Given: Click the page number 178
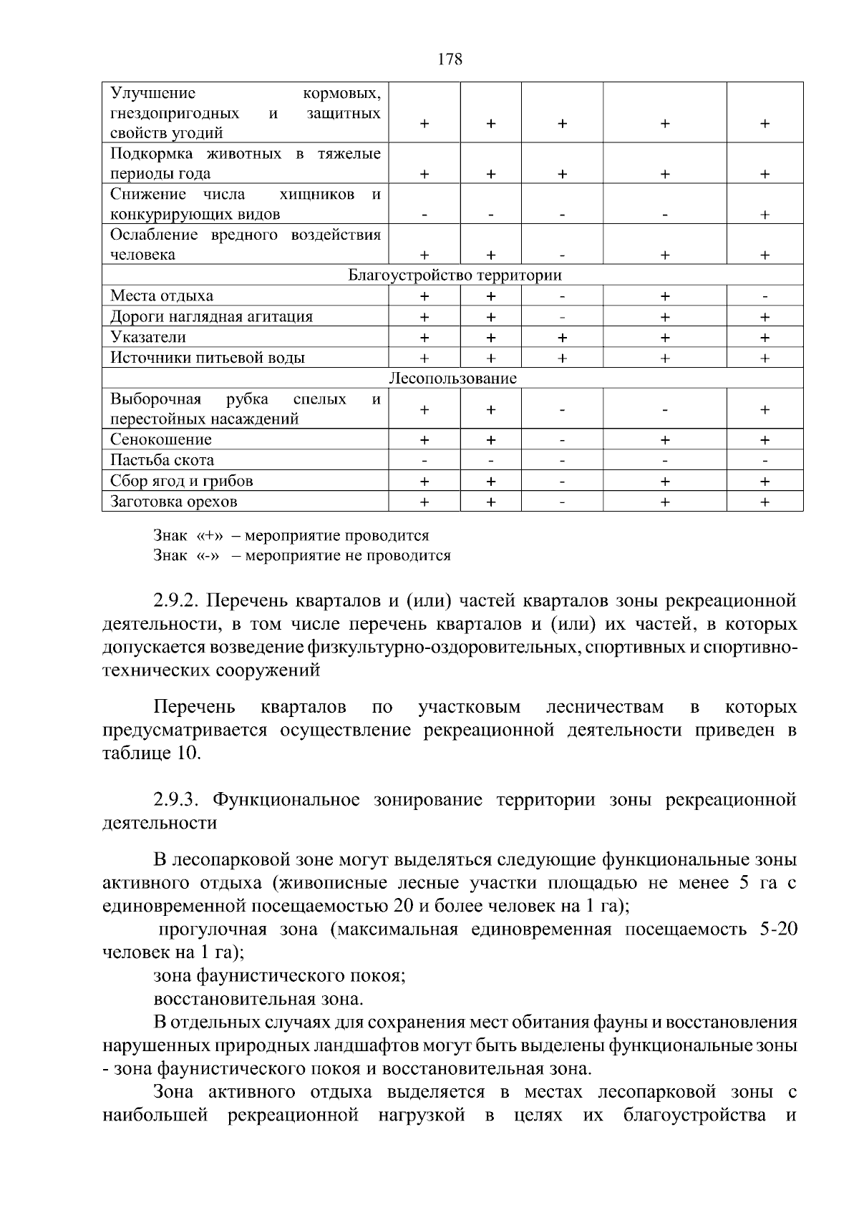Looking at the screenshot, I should (x=450, y=59).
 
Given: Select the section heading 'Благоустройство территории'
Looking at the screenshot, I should (x=455, y=275).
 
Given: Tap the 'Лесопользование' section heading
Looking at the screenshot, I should (x=452, y=378).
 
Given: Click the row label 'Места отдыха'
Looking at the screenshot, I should (x=162, y=296).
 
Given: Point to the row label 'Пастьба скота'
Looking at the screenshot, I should (x=162, y=460).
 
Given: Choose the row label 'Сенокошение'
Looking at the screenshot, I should (x=161, y=439).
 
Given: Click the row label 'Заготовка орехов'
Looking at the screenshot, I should (x=174, y=502).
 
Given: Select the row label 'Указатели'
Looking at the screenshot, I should (x=148, y=337).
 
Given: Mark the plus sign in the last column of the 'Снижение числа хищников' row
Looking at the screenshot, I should (x=765, y=215).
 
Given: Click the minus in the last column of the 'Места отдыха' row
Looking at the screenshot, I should (x=765, y=296).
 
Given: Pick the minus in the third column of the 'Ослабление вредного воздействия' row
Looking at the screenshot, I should (x=562, y=255).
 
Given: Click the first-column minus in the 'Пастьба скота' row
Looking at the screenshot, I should (x=424, y=460).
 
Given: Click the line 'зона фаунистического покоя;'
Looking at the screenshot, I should (x=280, y=975).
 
